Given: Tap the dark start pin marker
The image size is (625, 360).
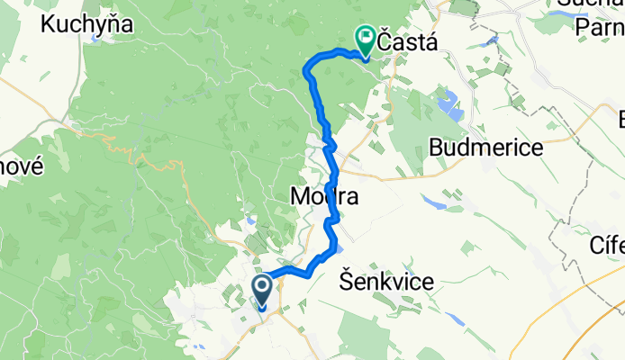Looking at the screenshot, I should pyautogui.click(x=263, y=291).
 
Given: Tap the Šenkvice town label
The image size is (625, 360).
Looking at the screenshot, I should pyautogui.click(x=387, y=282).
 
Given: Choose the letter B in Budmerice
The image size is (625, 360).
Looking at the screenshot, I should pyautogui.click(x=439, y=147).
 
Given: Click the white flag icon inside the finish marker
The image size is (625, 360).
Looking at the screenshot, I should pyautogui.click(x=366, y=37).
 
